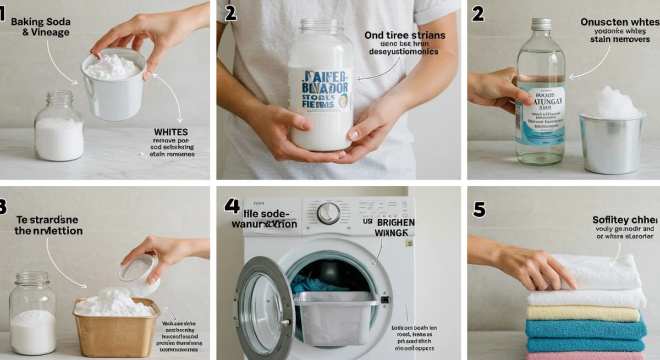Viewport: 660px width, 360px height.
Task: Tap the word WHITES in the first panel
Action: coord(172,132)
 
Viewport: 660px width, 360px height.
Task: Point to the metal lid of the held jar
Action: coord(321,25)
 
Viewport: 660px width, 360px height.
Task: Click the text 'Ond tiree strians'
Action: coord(404,35)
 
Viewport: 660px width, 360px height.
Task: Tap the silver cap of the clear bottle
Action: coord(541,24)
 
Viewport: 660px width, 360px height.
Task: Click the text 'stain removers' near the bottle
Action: coord(620,40)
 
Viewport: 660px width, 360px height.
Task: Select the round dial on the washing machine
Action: coord(328,213)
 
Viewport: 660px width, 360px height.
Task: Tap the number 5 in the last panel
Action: coord(479,209)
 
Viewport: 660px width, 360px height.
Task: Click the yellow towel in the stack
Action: coord(583,313)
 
